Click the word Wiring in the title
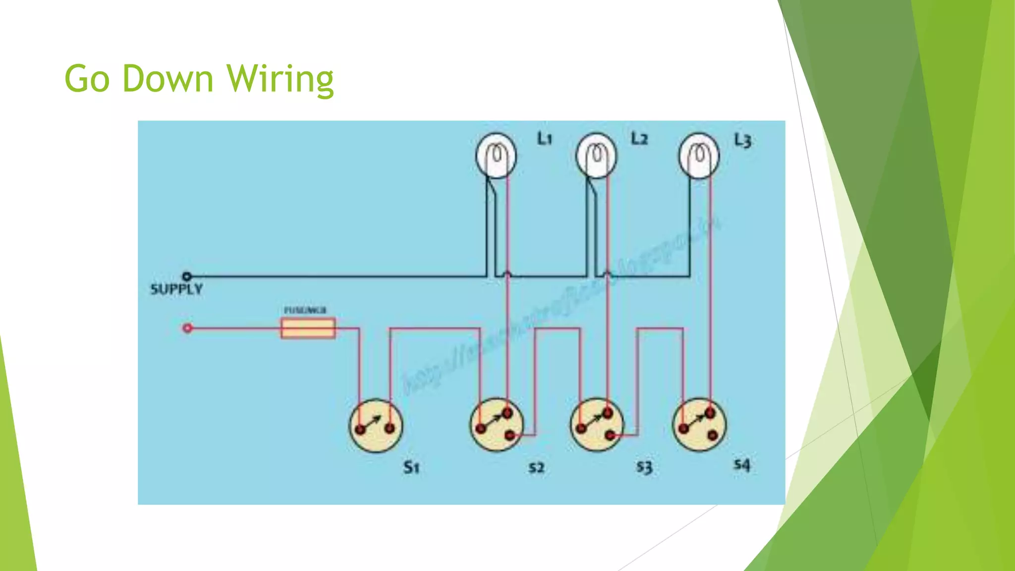(x=281, y=79)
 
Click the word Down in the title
(x=168, y=79)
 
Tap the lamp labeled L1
(x=496, y=156)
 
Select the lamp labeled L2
(x=597, y=156)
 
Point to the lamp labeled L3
(x=699, y=156)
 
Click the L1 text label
(x=545, y=139)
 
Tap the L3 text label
(x=742, y=141)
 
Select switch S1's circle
(x=376, y=426)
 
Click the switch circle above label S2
(x=496, y=424)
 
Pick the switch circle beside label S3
(x=597, y=424)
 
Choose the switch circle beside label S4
(x=699, y=424)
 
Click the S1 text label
(x=411, y=467)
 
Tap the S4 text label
(x=742, y=465)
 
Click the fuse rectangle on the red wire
(x=308, y=328)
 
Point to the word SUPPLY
(x=176, y=289)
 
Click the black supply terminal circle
(x=187, y=276)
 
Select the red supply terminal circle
(x=187, y=328)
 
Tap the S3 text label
(x=644, y=467)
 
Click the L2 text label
(x=639, y=139)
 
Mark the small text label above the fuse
(x=305, y=310)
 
